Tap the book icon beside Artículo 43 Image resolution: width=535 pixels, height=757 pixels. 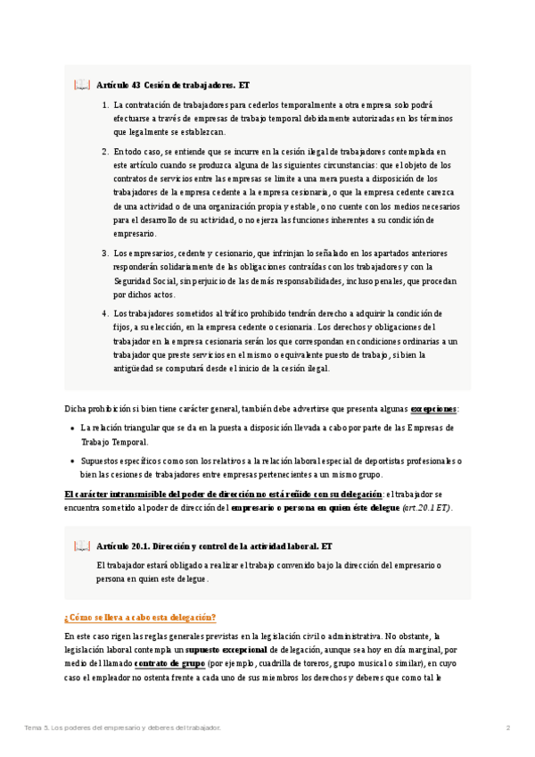pyautogui.click(x=82, y=86)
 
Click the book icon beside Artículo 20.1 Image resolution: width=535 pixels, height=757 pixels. pyautogui.click(x=82, y=545)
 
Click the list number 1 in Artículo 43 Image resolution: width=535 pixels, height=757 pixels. pyautogui.click(x=105, y=105)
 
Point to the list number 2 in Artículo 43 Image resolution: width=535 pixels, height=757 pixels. pyautogui.click(x=105, y=153)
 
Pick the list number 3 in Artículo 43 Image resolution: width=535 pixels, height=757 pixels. pyautogui.click(x=105, y=254)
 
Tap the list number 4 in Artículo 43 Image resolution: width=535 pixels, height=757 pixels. pyautogui.click(x=105, y=313)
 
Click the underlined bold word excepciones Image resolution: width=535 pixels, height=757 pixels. pyautogui.click(x=433, y=409)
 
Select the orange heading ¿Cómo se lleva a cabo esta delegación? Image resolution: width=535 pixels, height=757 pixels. pyautogui.click(x=140, y=618)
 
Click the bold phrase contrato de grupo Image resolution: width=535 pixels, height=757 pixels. pyautogui.click(x=169, y=664)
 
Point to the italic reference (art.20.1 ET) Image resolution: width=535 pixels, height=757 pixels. pyautogui.click(x=426, y=507)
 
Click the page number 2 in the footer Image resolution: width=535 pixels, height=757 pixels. pyautogui.click(x=507, y=728)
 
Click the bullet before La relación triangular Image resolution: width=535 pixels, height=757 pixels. pyautogui.click(x=72, y=428)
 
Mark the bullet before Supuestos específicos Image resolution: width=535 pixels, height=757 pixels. pyautogui.click(x=72, y=462)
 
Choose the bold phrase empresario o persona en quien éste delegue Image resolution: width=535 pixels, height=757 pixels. pyautogui.click(x=315, y=507)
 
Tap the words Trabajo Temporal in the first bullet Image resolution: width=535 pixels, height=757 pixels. pyautogui.click(x=114, y=441)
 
